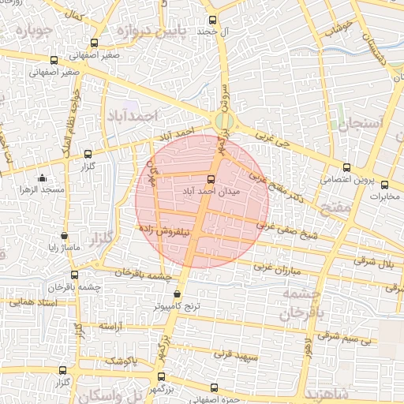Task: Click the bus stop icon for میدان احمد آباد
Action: tap(210, 178)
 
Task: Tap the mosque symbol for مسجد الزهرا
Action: tap(42, 179)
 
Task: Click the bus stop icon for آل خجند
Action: tap(211, 21)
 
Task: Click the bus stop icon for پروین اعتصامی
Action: tap(346, 167)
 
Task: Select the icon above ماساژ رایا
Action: tap(64, 235)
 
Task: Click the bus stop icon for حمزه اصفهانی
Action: tap(214, 387)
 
